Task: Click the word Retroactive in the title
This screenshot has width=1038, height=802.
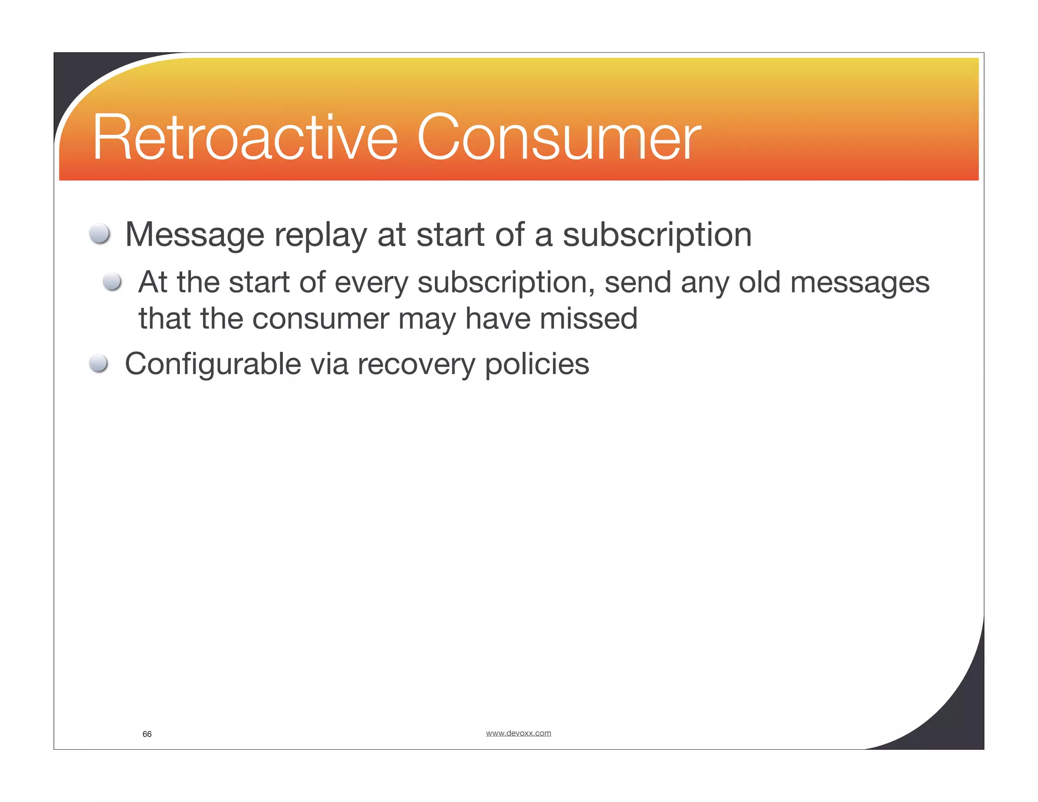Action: click(x=245, y=138)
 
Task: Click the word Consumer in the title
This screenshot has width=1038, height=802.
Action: click(x=559, y=138)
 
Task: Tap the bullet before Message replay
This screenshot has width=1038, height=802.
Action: click(x=99, y=234)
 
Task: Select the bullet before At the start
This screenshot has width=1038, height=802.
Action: click(x=112, y=281)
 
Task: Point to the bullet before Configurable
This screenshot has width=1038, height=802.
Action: click(x=98, y=363)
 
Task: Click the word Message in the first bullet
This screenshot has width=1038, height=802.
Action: click(x=195, y=235)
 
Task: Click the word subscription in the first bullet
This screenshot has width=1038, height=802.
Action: click(x=657, y=236)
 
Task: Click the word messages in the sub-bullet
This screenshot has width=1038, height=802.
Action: click(x=860, y=283)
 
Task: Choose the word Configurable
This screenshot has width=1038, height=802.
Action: click(x=213, y=364)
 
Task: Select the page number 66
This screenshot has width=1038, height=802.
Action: click(x=147, y=734)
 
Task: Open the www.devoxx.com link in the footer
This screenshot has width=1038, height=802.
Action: click(x=518, y=733)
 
